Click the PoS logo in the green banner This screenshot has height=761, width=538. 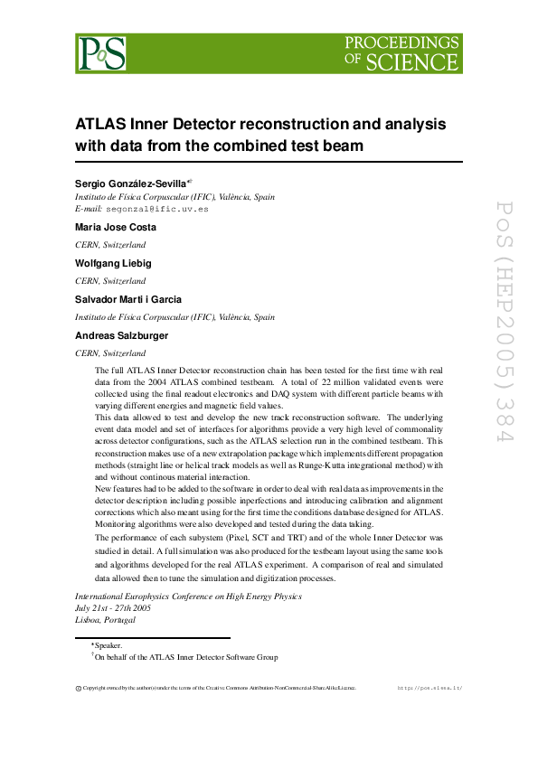point(101,53)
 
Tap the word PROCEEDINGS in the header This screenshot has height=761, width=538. point(402,42)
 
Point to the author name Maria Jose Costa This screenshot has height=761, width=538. point(116,227)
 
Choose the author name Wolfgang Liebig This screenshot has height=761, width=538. point(114,263)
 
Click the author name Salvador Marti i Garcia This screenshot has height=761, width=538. point(128,299)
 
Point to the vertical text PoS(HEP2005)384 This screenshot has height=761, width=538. point(503,320)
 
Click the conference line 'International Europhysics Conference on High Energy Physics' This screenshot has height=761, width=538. point(188,597)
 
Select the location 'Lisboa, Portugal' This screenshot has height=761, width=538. point(105,620)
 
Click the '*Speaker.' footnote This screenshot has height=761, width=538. point(108,646)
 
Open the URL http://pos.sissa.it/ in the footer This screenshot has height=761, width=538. point(430,688)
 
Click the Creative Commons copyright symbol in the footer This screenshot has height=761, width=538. point(78,688)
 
